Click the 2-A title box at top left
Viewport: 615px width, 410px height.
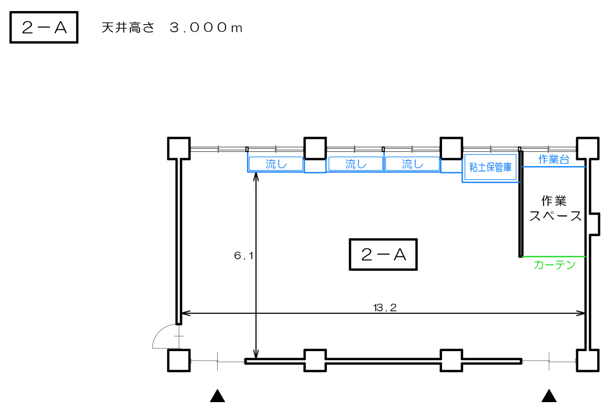(x=44, y=27)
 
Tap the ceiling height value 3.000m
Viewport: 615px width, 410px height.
(x=206, y=27)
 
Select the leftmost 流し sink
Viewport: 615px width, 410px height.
(x=276, y=164)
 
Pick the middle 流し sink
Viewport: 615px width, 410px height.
(x=356, y=164)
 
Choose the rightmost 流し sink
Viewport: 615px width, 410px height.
(x=412, y=164)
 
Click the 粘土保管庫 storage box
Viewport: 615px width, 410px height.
(x=490, y=168)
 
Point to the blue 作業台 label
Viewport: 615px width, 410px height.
(x=553, y=159)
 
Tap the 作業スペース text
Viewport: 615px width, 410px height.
(x=555, y=208)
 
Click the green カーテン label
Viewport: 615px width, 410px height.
(x=555, y=265)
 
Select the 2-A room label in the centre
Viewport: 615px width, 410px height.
(x=383, y=254)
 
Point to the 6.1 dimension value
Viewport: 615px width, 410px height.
(x=244, y=256)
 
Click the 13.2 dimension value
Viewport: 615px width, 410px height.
(x=385, y=307)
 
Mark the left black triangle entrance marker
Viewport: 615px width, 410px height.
(x=217, y=396)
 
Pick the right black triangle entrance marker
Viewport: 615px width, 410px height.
(x=549, y=396)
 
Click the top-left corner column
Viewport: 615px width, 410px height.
(x=179, y=148)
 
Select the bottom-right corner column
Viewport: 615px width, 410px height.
(x=588, y=360)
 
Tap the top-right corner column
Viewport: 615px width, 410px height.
(x=588, y=148)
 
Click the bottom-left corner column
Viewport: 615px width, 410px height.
(x=179, y=360)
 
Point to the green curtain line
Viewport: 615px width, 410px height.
(x=554, y=257)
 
